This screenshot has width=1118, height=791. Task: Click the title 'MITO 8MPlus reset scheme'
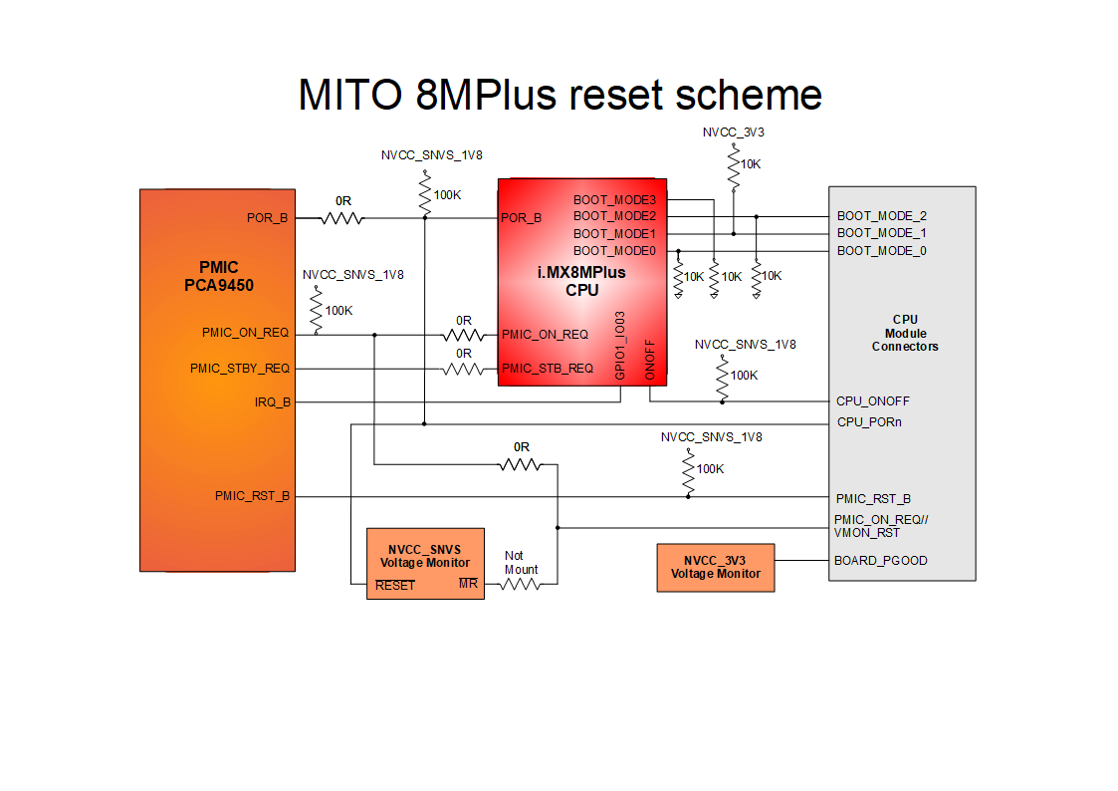coord(559,95)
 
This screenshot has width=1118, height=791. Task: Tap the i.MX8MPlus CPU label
coord(581,281)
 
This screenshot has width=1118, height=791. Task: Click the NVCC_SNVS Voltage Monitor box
coord(425,563)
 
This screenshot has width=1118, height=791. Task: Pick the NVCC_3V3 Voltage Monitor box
coord(715,567)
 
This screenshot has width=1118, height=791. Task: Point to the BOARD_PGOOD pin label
coord(880,561)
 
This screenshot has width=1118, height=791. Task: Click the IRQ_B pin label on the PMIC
coord(272,402)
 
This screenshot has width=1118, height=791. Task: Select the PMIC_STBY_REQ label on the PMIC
coord(240,369)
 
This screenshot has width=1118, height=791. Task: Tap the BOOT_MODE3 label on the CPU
coord(614,200)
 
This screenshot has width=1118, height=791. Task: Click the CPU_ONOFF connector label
coord(873,401)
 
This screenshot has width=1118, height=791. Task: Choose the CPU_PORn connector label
coord(870,422)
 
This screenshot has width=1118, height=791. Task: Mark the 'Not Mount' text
coord(521,563)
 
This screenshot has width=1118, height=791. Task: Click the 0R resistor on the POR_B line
coord(343,217)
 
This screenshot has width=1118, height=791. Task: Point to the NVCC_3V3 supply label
coord(733,132)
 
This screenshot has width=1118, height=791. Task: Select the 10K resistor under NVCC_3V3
coord(734,169)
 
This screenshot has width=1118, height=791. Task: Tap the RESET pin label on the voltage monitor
coord(395,585)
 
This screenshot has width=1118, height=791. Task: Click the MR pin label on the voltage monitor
coord(468,584)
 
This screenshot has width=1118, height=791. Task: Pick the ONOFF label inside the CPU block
coord(650,359)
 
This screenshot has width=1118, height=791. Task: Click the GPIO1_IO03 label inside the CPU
coord(620,345)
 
